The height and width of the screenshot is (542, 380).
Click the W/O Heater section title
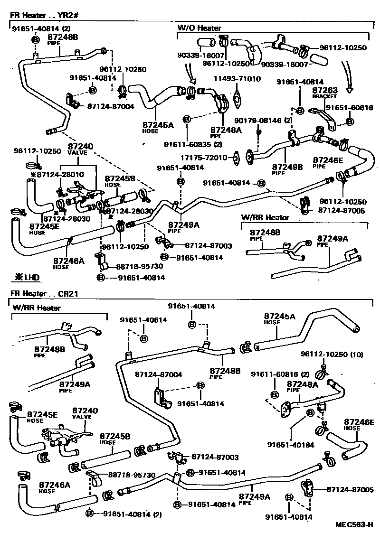(x=199, y=28)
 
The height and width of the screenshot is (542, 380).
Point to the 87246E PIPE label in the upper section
(x=327, y=163)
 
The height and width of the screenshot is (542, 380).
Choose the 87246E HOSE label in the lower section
(x=360, y=424)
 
